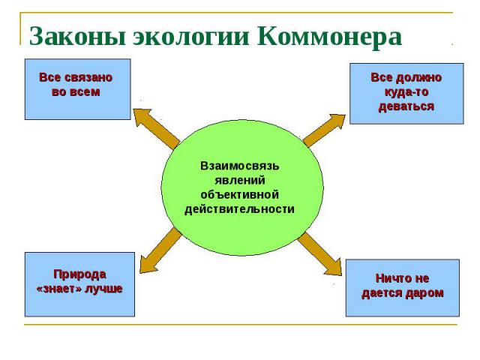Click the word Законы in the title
[x=77, y=37]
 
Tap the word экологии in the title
[x=191, y=37]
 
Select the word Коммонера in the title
[x=329, y=37]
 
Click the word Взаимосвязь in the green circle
[x=240, y=166]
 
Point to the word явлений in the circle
[x=240, y=180]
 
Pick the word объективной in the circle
[x=240, y=194]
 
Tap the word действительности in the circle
[x=240, y=209]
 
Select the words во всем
[x=76, y=91]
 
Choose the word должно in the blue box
[x=419, y=78]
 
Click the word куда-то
[x=406, y=91]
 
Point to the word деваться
[x=406, y=106]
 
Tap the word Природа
[x=79, y=274]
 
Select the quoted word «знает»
[x=58, y=289]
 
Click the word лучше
[x=103, y=289]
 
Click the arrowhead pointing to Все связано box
[x=142, y=117]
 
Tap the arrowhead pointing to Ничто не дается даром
[x=333, y=267]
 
